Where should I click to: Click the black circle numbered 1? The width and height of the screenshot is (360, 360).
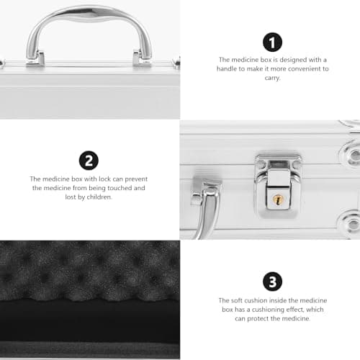[272, 42]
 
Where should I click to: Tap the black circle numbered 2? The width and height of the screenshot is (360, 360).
[89, 161]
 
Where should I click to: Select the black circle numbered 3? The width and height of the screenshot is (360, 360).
[272, 282]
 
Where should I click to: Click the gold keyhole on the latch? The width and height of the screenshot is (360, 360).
[278, 199]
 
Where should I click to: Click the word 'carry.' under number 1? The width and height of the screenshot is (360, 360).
[272, 78]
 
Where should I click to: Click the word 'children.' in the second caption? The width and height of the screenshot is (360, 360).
[99, 197]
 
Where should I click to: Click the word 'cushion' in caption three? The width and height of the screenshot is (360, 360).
[256, 300]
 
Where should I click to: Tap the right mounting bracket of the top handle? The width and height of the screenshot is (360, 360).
[142, 58]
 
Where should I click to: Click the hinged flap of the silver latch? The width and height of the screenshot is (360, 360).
[279, 189]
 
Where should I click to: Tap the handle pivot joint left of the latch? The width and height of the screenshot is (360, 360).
[207, 192]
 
